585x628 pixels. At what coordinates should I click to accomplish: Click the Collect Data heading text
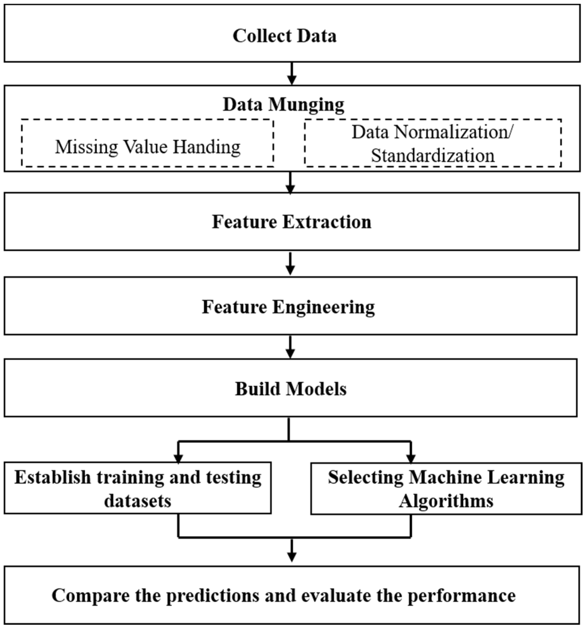[285, 36]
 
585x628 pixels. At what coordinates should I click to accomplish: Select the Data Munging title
[283, 104]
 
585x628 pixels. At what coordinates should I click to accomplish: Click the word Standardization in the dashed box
[433, 156]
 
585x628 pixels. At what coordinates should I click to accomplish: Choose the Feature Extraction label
[291, 222]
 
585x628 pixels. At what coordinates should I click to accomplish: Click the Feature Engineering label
[288, 307]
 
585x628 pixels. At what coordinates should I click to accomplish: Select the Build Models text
[290, 389]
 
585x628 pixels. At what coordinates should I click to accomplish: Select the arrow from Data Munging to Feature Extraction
[290, 183]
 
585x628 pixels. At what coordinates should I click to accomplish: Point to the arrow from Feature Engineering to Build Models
[290, 348]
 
